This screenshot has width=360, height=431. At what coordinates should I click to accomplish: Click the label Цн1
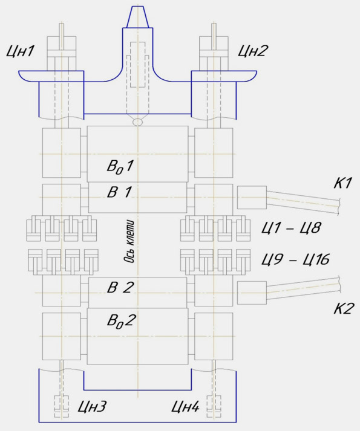[x=20, y=51]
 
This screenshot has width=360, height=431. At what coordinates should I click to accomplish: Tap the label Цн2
[x=252, y=51]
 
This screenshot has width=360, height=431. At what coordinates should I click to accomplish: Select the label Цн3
[x=92, y=407]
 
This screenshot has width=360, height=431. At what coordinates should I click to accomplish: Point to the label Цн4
[x=185, y=407]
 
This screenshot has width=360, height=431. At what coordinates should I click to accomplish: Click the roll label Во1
[x=120, y=166]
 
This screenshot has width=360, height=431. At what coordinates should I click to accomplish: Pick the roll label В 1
[x=119, y=192]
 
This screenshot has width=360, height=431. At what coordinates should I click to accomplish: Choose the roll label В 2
[x=120, y=287]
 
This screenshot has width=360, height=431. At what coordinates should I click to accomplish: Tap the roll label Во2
[x=122, y=320]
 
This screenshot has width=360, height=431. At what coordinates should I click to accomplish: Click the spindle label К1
[x=342, y=183]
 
